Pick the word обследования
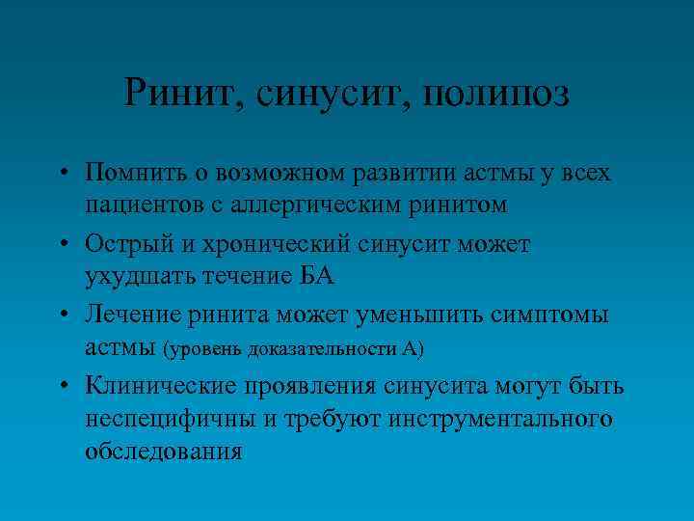(x=163, y=450)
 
